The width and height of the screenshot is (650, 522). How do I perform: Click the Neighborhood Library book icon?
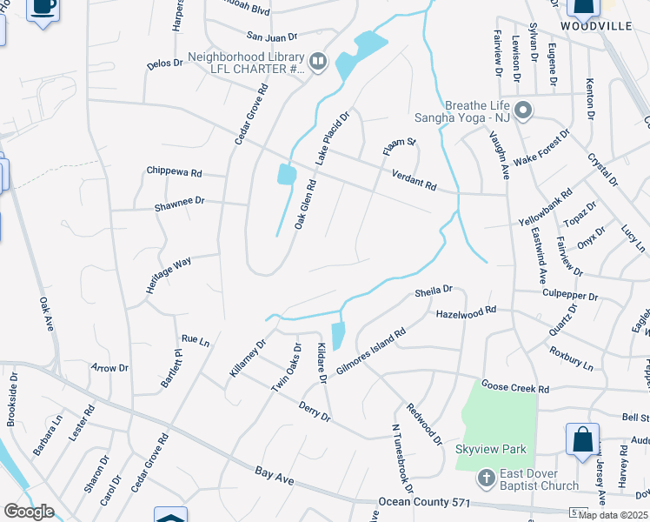point(318,61)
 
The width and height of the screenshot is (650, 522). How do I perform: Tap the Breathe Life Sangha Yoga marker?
point(523,111)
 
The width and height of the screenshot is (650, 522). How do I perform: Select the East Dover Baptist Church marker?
point(487,476)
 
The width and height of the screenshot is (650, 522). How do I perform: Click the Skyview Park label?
point(480,449)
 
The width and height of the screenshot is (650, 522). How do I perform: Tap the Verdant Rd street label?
point(413,180)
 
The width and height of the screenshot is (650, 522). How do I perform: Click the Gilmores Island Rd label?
point(371,352)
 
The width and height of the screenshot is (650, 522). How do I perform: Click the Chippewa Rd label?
point(174,171)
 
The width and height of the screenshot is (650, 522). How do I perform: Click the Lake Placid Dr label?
point(332,138)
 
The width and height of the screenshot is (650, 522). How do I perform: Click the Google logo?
point(29,511)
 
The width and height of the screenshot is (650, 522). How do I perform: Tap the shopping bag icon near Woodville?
point(583,8)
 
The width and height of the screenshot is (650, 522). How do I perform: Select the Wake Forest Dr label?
point(541,148)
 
